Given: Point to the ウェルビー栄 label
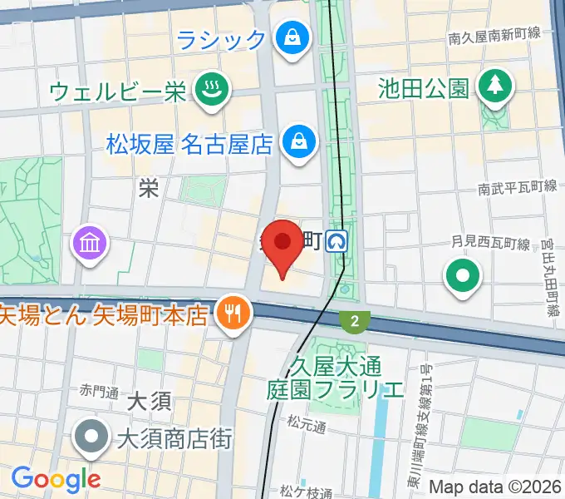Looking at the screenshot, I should (118, 91).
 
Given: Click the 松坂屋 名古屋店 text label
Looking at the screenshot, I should (190, 144).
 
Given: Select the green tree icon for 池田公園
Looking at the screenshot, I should (495, 86).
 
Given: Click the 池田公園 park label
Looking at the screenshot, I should (423, 87).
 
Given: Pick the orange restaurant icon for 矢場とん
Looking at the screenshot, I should (231, 313).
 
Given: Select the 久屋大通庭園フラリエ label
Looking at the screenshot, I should (335, 377).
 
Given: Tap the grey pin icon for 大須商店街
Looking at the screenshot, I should (91, 436).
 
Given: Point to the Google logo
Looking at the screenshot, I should (56, 478).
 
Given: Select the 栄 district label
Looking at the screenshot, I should (149, 189).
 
